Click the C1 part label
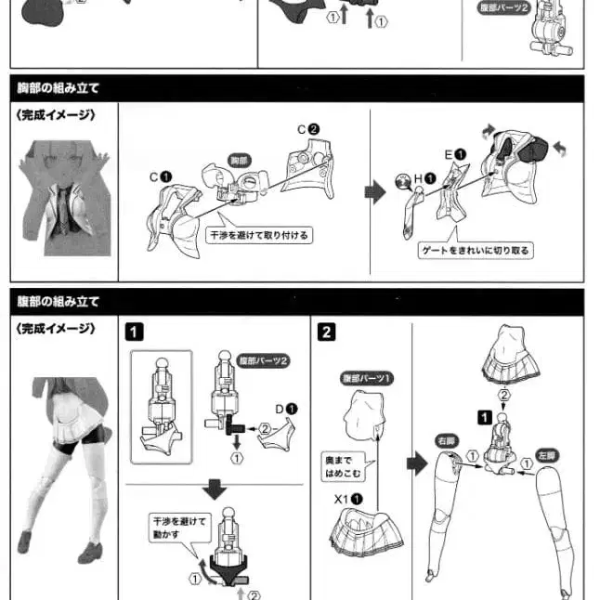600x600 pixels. tap(161, 176)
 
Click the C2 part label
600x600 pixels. tap(308, 129)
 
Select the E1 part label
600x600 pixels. tap(455, 154)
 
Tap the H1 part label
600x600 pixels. tap(424, 178)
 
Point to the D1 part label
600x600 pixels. tap(286, 409)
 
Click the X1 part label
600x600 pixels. tap(348, 499)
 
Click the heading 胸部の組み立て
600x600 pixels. tap(59, 88)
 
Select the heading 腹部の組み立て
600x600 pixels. tap(59, 302)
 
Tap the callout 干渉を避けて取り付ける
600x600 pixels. tap(259, 235)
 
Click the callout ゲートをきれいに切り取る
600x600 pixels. tap(476, 251)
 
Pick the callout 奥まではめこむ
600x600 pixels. tap(344, 466)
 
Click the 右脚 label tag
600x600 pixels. tap(447, 441)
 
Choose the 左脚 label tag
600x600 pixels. tap(547, 456)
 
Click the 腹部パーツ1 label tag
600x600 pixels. tap(367, 378)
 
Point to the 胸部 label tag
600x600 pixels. tap(239, 161)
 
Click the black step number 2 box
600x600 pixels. tap(327, 332)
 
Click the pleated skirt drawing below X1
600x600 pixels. tap(366, 531)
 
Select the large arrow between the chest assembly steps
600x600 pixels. tap(375, 192)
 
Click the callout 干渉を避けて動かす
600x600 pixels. tap(179, 528)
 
